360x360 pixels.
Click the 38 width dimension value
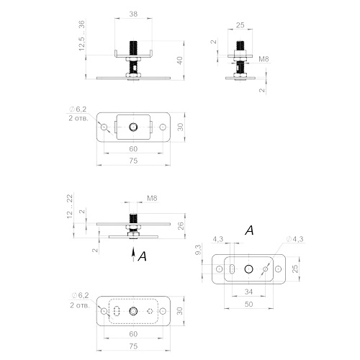(x=133, y=14)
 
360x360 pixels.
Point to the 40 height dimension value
(x=180, y=60)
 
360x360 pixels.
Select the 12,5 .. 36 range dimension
(x=82, y=35)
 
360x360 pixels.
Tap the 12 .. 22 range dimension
(x=70, y=207)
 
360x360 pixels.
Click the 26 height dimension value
(x=181, y=226)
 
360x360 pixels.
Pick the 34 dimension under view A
(x=249, y=292)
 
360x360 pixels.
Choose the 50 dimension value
(x=249, y=305)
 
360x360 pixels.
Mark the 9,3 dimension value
(x=199, y=250)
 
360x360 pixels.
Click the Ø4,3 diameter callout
(x=295, y=239)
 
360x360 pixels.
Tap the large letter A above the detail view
(x=249, y=230)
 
